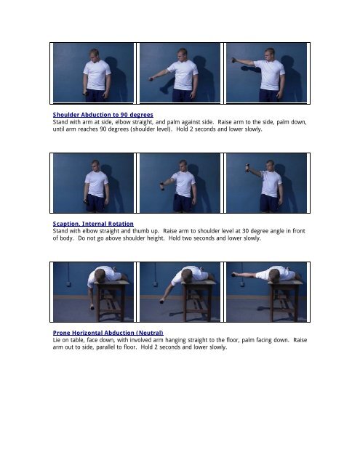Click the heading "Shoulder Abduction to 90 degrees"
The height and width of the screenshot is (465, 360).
pos(103,115)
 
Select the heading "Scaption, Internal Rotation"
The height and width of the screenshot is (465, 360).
pos(93,224)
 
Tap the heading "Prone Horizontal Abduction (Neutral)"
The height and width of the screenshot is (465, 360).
pos(108,333)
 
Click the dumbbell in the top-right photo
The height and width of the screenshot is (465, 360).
pos(233,60)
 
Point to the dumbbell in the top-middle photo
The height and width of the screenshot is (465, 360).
pos(151,79)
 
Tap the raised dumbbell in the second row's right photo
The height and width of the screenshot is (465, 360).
pos(247,168)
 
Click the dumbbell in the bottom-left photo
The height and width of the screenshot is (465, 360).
pos(92,307)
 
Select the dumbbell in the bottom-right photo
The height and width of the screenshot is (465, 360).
pos(234,275)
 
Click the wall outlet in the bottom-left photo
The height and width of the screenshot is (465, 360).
pos(68,284)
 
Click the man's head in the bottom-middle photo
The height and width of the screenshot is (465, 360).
pos(187,275)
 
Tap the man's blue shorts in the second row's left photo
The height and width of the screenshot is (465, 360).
pos(95,203)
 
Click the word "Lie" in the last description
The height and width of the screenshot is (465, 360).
pos(57,340)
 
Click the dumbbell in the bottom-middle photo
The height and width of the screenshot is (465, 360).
pos(161,302)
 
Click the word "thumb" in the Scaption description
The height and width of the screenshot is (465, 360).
pos(140,231)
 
